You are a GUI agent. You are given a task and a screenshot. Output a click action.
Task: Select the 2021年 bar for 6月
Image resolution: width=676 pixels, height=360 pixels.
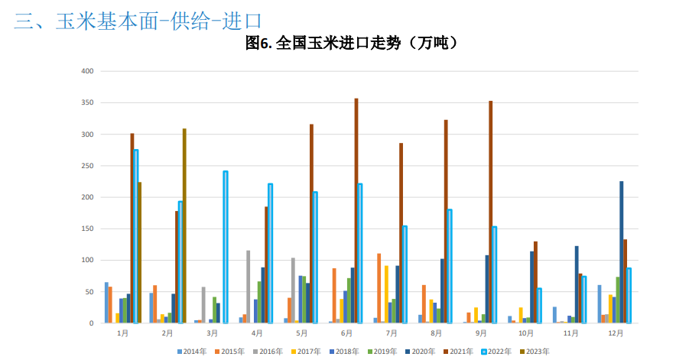[x=356, y=210]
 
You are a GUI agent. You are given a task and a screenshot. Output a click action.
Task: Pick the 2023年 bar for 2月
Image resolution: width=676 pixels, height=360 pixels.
[x=184, y=225]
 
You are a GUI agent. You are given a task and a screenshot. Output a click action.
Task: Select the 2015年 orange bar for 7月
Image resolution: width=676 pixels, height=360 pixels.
[x=379, y=288]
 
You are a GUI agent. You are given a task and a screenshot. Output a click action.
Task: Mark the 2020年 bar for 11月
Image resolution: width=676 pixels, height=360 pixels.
[x=577, y=284]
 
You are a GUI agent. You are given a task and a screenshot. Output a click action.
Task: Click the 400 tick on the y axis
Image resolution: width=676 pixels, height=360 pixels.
[x=87, y=71]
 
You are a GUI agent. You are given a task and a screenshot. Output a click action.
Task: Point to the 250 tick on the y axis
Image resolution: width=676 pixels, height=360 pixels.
[x=87, y=166]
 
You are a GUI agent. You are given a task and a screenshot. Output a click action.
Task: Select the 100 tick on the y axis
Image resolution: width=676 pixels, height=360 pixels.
[x=87, y=260]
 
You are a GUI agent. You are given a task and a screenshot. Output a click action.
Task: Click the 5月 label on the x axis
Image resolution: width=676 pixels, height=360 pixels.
[x=302, y=334]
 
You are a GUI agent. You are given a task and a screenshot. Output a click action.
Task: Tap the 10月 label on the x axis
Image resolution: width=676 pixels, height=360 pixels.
[x=526, y=334]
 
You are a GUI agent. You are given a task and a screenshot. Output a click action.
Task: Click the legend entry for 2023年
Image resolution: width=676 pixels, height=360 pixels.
[x=535, y=352]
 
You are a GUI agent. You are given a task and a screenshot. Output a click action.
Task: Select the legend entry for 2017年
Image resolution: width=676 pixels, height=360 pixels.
[x=306, y=352]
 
